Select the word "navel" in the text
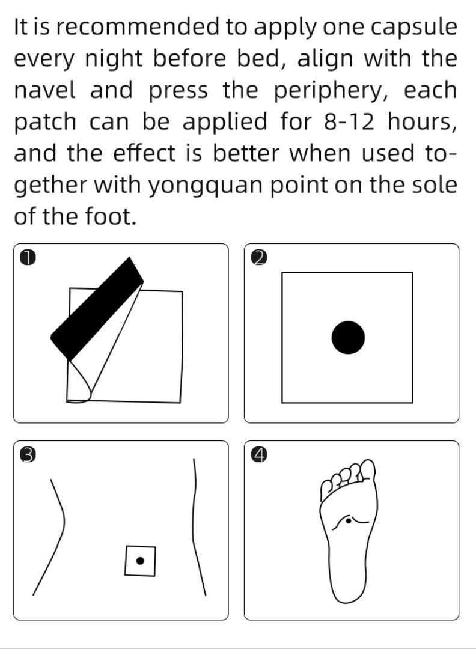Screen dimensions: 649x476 (45, 91)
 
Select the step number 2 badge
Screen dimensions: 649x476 (258, 258)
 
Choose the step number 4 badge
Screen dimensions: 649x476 (258, 455)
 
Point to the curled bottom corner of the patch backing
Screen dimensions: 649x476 (81, 394)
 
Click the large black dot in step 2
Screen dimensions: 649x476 (348, 337)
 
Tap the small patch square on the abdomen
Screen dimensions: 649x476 (140, 561)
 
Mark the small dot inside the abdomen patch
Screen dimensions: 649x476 (140, 561)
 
